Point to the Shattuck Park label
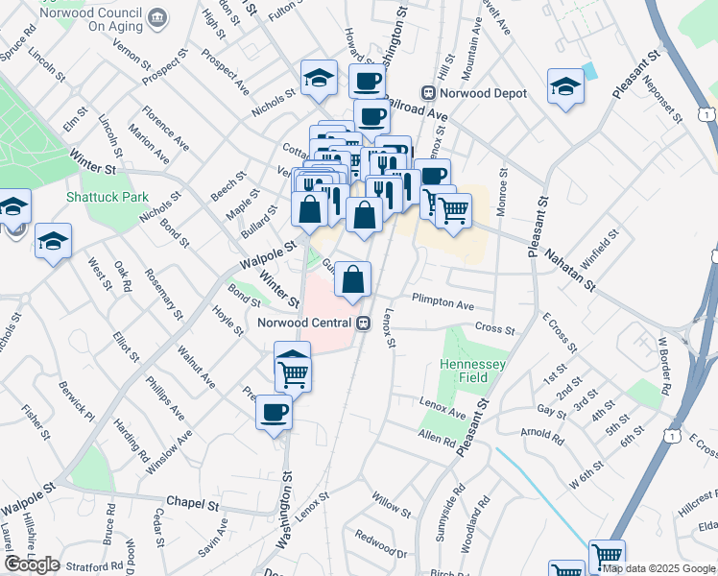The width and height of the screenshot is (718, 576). [x=108, y=197]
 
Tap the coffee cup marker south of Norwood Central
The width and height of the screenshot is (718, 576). [x=274, y=413]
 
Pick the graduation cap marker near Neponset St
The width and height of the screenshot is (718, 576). [x=566, y=86]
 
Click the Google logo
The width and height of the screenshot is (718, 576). [x=32, y=565]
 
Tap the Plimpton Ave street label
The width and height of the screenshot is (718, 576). [x=443, y=304]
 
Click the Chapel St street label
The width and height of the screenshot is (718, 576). [x=193, y=503]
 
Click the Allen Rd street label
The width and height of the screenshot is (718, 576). [x=437, y=439]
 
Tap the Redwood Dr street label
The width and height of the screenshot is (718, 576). [x=381, y=544]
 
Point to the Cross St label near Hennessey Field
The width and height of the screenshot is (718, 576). [x=494, y=327]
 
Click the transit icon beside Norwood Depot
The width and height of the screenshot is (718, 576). [x=427, y=94]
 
